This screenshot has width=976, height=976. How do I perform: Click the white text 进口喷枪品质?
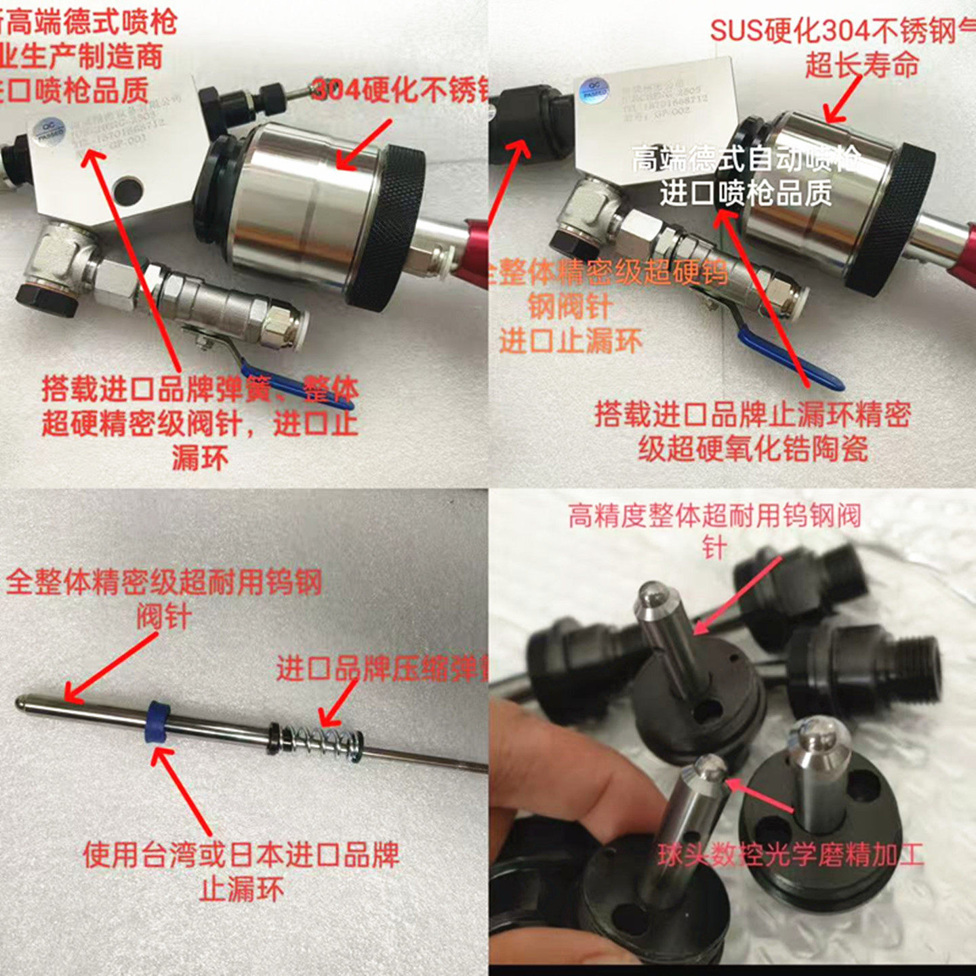click(x=746, y=193)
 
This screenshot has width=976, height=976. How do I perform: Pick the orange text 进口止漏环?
click(x=570, y=341)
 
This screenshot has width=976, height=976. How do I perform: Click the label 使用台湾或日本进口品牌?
click(x=241, y=855)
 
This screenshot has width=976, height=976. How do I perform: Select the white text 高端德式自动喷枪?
click(x=746, y=160)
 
